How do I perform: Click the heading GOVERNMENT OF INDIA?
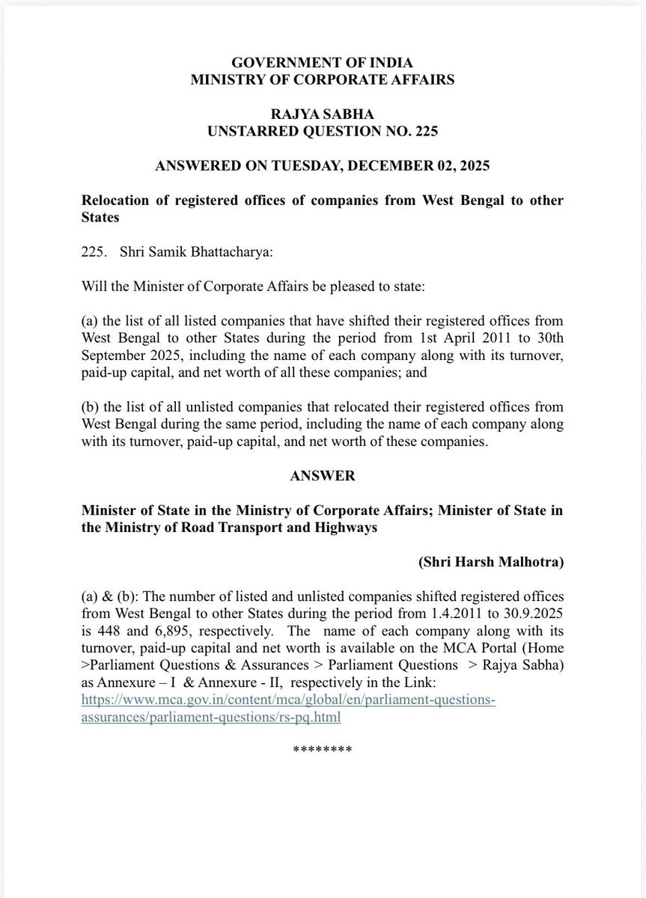click(x=322, y=63)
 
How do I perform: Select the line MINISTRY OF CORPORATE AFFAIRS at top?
click(x=322, y=79)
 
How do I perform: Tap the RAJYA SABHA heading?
click(x=322, y=114)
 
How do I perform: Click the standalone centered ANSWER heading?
click(x=322, y=476)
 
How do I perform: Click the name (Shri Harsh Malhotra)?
click(x=491, y=562)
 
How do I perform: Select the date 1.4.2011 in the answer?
click(x=457, y=614)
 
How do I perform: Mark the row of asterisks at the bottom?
click(x=322, y=749)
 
